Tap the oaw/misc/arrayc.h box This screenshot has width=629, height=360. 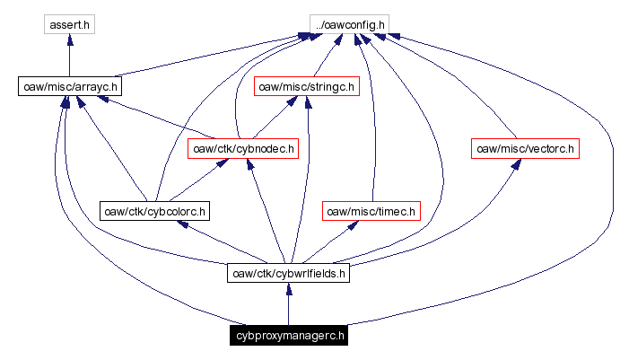[69, 87]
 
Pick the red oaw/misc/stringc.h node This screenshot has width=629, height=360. [307, 87]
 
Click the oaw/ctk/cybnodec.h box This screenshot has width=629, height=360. [242, 148]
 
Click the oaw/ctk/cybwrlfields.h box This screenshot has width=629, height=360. [288, 273]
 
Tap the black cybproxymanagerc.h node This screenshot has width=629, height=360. [288, 337]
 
